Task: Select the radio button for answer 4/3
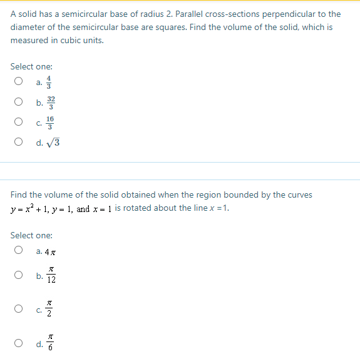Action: point(19,81)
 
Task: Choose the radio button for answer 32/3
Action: point(19,102)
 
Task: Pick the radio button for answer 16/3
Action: point(19,122)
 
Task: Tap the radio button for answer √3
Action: point(19,143)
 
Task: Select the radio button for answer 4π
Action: point(19,251)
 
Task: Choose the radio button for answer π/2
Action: point(19,308)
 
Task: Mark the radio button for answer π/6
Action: point(19,343)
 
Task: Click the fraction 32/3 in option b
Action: point(51,102)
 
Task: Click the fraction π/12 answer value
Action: point(51,276)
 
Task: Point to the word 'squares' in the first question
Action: point(224,27)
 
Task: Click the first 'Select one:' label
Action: point(31,66)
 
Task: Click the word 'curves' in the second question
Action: point(298,195)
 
